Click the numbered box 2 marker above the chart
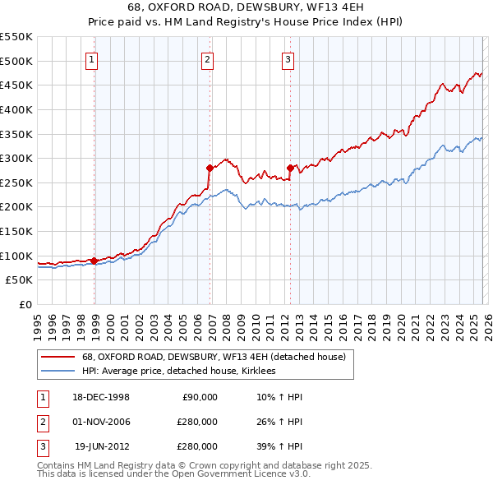click(x=208, y=59)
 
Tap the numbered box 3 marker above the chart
click(x=288, y=59)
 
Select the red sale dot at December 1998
click(x=94, y=261)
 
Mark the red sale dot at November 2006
click(x=210, y=168)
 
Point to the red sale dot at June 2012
click(x=290, y=168)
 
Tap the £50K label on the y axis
click(x=20, y=280)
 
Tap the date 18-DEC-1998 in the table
click(x=102, y=397)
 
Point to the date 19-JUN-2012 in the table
click(x=102, y=446)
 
